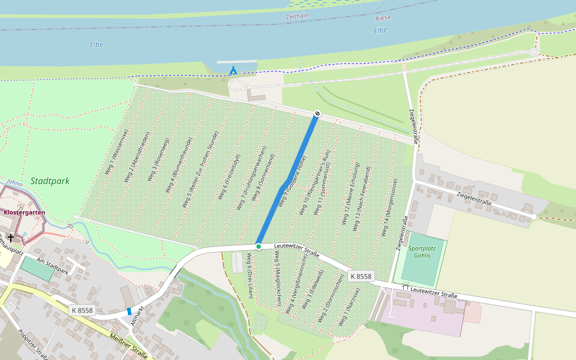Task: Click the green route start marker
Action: pos(258,247)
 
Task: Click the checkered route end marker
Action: pos(317,114)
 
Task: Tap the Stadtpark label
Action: pos(50,181)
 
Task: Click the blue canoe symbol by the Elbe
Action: pos(233,70)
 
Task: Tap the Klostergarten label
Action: pos(25,212)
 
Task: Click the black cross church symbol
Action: pos(10,238)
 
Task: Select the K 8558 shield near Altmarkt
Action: pos(82,310)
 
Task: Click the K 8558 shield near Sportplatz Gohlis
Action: pos(361,277)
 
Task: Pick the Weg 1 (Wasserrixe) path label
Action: pos(116,152)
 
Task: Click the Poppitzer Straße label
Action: pos(32,346)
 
